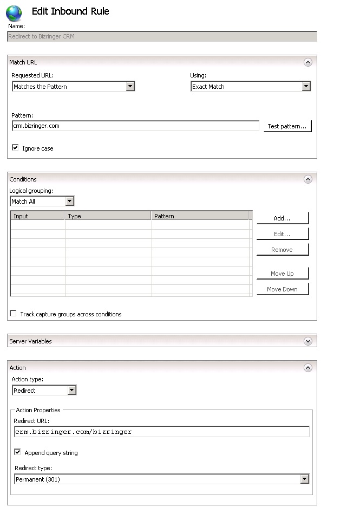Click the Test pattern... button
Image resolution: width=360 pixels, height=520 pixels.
click(x=287, y=126)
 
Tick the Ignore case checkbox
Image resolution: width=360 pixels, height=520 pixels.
click(x=15, y=147)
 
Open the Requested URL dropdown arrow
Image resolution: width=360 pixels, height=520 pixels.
click(x=130, y=86)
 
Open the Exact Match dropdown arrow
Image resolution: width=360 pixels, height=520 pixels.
click(x=306, y=86)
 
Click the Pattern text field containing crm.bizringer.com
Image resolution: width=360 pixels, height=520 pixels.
click(x=135, y=126)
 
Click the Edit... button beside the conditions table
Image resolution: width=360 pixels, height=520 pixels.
click(x=282, y=234)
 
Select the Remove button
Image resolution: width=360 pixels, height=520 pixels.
click(x=282, y=250)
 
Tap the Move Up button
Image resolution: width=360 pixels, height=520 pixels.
click(x=282, y=274)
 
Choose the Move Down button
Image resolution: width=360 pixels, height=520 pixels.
click(x=282, y=289)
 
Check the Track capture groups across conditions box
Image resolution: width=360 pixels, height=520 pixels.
click(x=14, y=314)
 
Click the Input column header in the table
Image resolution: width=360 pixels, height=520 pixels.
click(x=37, y=216)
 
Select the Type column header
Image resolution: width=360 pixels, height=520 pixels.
click(x=108, y=216)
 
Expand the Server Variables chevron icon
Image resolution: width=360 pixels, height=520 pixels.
click(x=308, y=341)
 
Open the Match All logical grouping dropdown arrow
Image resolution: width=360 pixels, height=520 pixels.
click(x=69, y=201)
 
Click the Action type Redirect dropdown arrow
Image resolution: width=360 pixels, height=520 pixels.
click(x=71, y=390)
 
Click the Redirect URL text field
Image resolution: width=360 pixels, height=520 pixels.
click(x=162, y=432)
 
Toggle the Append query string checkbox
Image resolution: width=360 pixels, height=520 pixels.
click(x=18, y=452)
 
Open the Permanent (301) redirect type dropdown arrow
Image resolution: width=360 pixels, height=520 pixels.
click(x=305, y=479)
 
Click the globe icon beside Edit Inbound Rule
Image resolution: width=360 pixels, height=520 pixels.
click(x=14, y=13)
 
